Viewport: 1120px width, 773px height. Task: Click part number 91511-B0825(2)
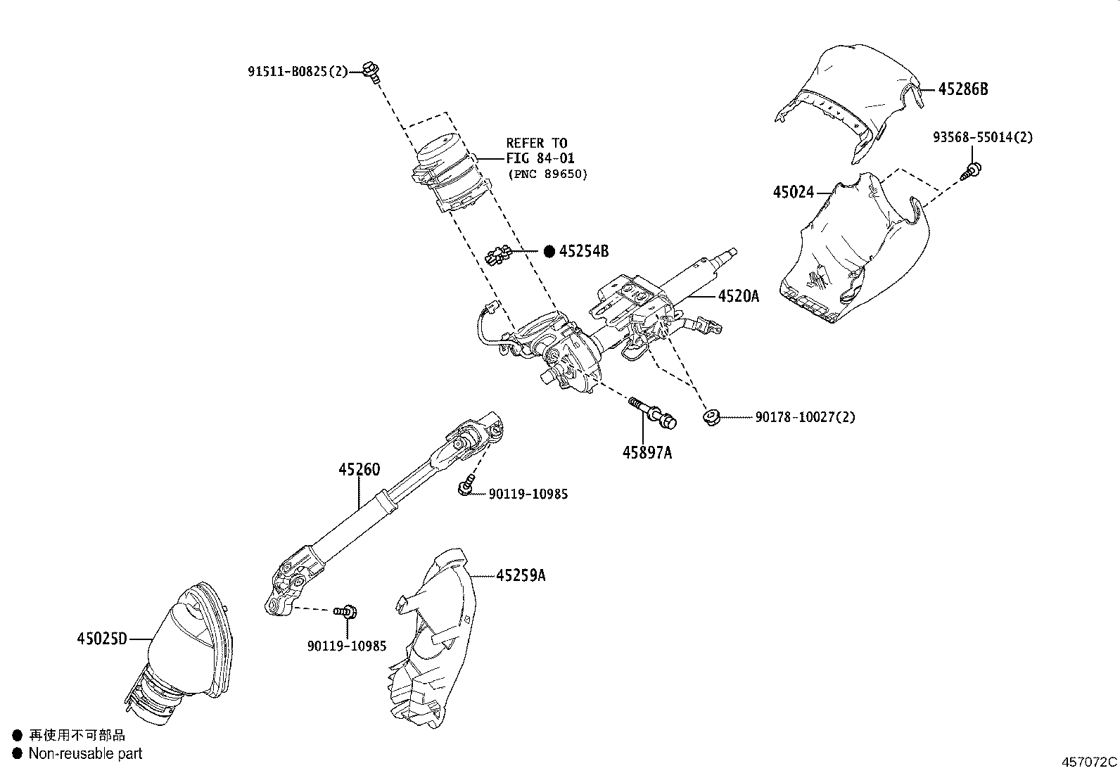click(x=298, y=71)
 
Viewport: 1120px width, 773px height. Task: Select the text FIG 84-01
click(x=540, y=158)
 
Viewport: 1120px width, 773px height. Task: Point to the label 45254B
click(x=584, y=250)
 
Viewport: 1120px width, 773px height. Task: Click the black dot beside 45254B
click(x=549, y=251)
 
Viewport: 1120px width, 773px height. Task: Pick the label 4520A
click(x=738, y=296)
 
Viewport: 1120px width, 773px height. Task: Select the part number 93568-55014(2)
click(x=983, y=138)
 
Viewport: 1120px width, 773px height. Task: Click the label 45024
click(x=794, y=192)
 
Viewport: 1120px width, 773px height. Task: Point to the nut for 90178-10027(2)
click(x=711, y=418)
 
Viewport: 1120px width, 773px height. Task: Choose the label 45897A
click(x=647, y=453)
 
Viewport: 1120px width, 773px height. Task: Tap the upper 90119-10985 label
click(x=528, y=494)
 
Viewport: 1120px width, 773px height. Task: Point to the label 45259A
click(x=521, y=575)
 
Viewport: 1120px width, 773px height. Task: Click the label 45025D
click(x=102, y=639)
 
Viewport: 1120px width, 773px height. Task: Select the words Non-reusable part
click(x=85, y=753)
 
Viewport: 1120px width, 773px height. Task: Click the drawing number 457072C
click(x=1089, y=762)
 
